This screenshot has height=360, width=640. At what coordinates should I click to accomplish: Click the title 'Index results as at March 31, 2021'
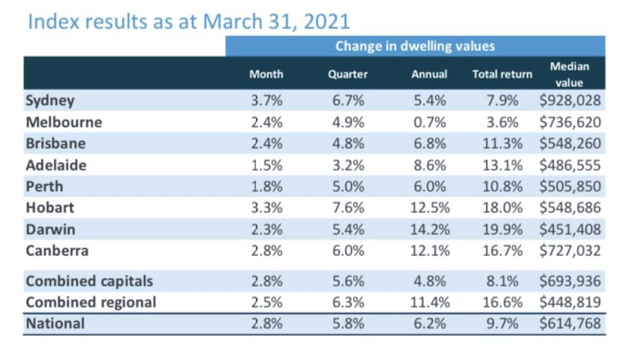click(x=189, y=21)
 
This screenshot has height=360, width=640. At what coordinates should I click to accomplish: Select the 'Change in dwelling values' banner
click(x=414, y=46)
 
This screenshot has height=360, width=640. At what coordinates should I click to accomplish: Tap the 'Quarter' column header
click(x=347, y=74)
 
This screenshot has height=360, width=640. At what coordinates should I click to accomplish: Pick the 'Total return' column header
click(x=502, y=74)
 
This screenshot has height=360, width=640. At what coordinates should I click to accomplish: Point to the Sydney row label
click(x=50, y=100)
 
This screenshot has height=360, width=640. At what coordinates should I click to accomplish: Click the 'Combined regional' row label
click(x=91, y=302)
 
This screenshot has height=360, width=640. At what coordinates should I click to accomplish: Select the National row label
click(x=55, y=323)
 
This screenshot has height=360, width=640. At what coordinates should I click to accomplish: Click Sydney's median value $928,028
click(x=569, y=100)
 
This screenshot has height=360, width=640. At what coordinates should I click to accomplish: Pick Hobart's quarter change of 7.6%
click(x=348, y=207)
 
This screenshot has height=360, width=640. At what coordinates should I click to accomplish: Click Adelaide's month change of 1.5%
click(x=266, y=165)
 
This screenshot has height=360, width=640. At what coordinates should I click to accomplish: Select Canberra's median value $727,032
click(x=569, y=250)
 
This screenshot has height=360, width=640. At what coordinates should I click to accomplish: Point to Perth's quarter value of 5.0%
click(x=348, y=186)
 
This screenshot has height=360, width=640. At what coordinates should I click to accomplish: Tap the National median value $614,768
click(x=569, y=323)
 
